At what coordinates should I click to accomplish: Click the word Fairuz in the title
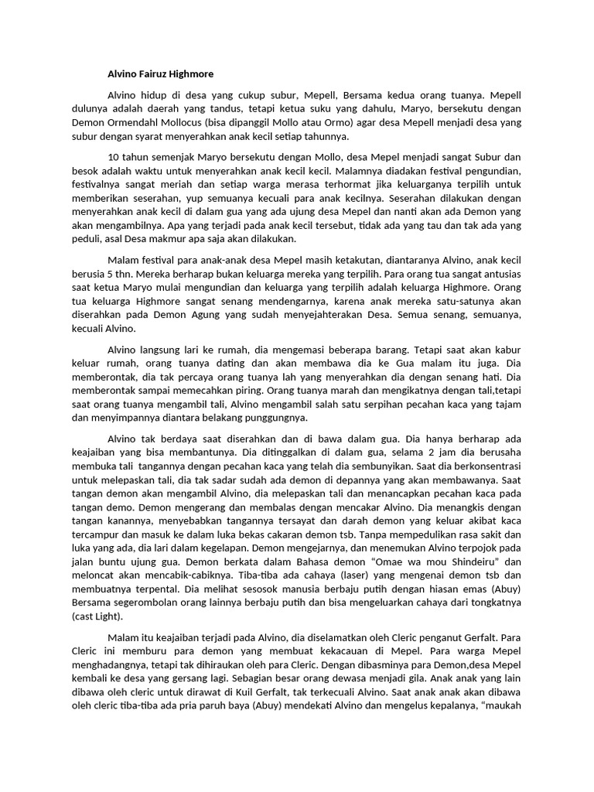pyautogui.click(x=159, y=74)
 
